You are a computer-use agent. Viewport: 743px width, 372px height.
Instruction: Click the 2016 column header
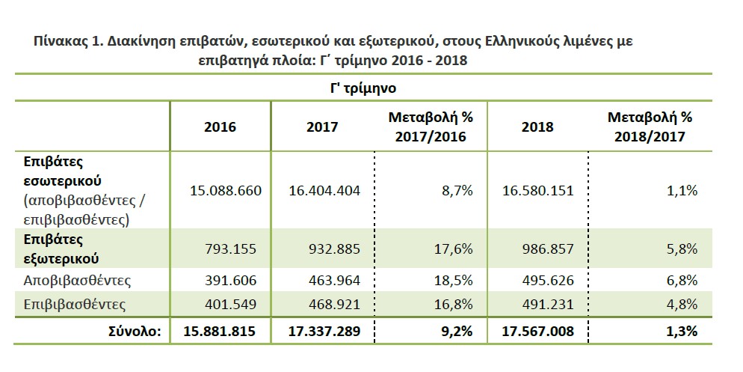(220, 127)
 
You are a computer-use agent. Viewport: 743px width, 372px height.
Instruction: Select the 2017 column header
(322, 127)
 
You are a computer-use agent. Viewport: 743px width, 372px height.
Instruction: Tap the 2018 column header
(537, 127)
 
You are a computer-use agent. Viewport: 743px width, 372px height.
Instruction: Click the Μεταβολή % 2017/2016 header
(431, 127)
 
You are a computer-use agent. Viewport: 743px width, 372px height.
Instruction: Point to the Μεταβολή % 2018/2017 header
(650, 127)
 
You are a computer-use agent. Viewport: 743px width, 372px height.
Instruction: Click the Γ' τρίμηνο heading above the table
(363, 89)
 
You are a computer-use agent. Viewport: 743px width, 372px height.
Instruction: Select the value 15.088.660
(226, 191)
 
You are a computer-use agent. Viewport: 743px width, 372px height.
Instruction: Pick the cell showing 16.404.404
(324, 191)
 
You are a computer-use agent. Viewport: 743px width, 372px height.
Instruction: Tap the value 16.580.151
(538, 191)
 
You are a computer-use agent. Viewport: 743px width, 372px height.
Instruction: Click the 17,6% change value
(454, 249)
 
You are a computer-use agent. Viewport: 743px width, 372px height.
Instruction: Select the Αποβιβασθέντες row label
(77, 281)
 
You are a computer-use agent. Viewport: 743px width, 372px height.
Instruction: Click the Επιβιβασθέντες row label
(75, 304)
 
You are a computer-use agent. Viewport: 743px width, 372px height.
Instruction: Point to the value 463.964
(336, 281)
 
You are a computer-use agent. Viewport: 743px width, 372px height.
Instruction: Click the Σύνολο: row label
(135, 331)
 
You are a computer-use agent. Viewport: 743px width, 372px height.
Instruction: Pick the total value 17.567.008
(538, 331)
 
